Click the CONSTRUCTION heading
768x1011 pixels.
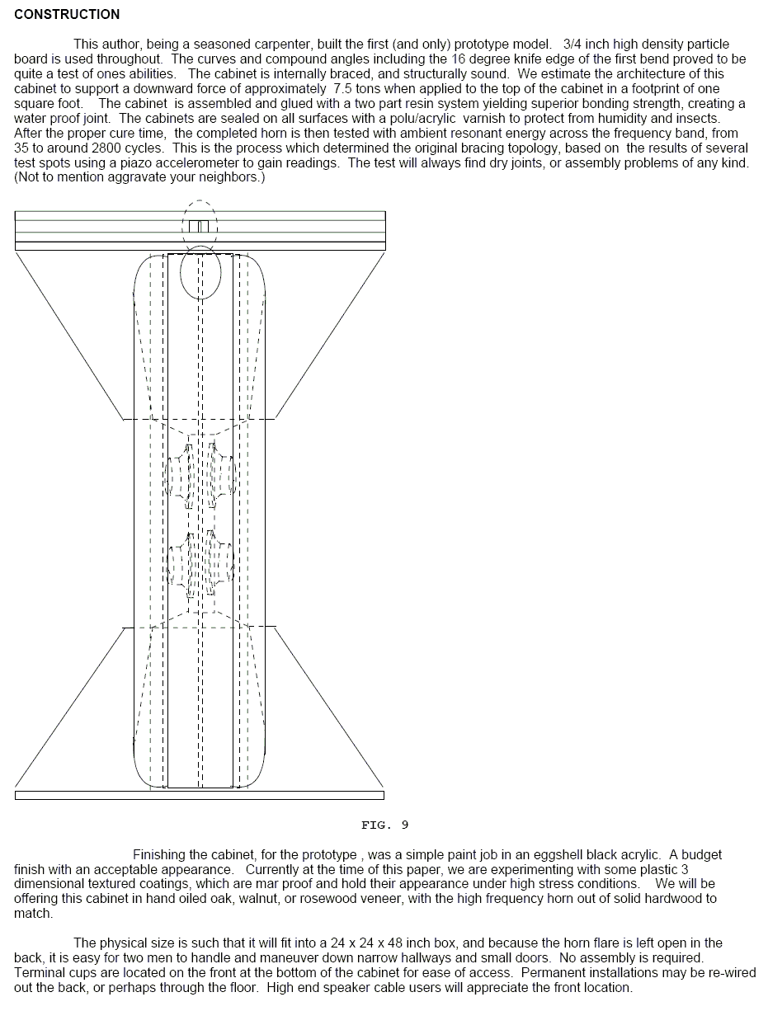point(67,14)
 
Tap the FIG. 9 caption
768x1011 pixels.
point(384,825)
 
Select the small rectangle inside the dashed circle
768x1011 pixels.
point(199,226)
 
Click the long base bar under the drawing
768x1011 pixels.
point(200,795)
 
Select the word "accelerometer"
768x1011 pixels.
point(292,162)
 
